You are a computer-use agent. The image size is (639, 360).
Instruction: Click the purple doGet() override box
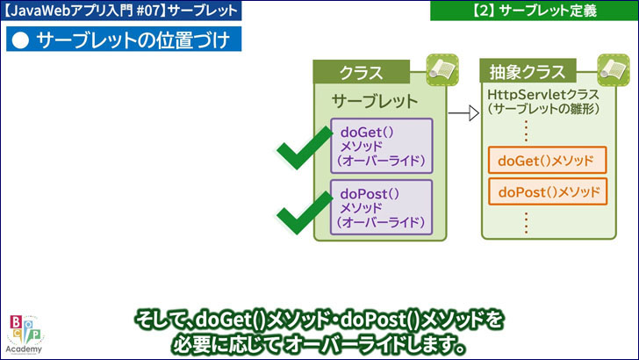click(381, 145)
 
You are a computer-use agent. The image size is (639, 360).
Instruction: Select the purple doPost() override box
click(381, 207)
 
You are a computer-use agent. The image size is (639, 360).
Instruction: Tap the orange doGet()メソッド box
click(547, 161)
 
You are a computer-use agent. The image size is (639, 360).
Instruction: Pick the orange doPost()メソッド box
click(547, 191)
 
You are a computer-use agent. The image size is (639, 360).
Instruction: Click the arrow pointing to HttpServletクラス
click(463, 112)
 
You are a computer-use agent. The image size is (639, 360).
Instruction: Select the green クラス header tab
click(361, 72)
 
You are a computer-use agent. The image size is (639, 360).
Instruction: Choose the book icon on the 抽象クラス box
click(612, 68)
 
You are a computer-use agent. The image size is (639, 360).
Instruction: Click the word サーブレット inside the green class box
click(375, 100)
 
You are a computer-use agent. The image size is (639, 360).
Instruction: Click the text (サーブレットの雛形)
click(535, 110)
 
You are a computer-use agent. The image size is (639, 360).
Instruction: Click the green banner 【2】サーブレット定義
click(533, 11)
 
